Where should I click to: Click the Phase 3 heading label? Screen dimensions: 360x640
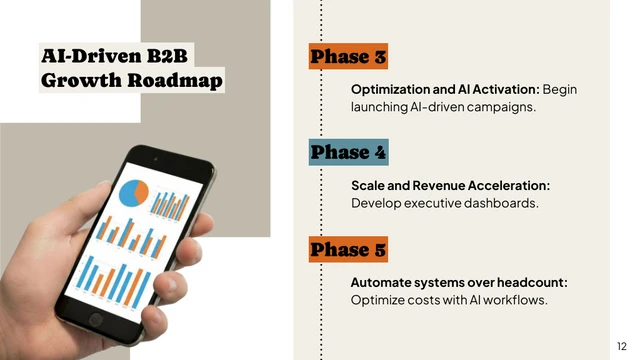348,57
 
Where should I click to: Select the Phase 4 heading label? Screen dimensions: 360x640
348,153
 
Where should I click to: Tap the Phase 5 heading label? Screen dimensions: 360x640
348,249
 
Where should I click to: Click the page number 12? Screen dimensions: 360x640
621,343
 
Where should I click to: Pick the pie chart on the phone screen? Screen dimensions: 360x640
134,190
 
